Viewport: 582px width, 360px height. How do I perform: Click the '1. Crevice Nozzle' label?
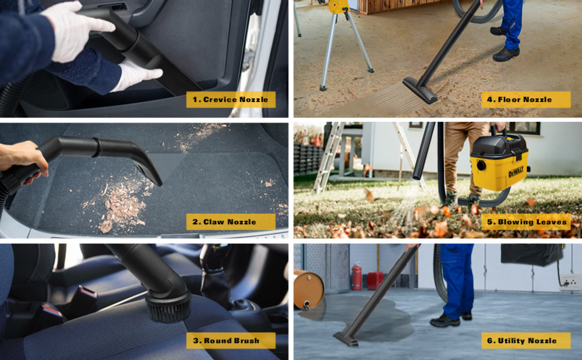click(x=231, y=100)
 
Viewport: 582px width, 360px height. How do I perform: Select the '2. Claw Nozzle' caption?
click(x=230, y=222)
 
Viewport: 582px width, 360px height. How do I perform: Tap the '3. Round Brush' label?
click(x=231, y=341)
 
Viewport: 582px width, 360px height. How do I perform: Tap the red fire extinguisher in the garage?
click(x=357, y=277)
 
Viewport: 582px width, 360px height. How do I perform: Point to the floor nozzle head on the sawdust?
click(x=420, y=90)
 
